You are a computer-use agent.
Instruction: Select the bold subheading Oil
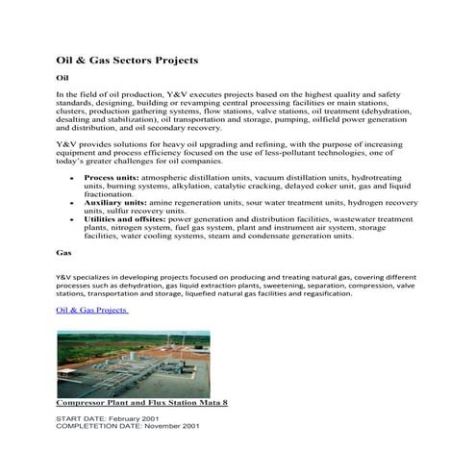(63, 77)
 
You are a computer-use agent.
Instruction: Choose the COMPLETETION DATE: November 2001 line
(128, 426)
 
